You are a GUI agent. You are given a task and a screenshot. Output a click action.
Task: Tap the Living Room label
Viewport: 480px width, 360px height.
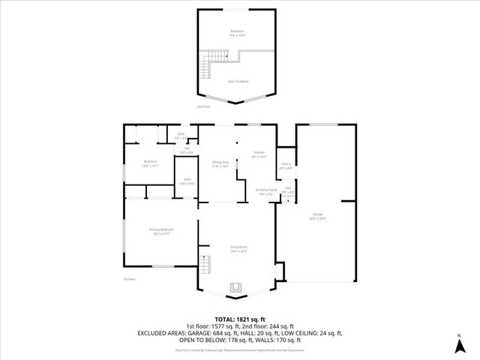[x=238, y=249]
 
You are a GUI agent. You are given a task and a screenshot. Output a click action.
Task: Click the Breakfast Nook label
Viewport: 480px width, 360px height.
[x=266, y=192]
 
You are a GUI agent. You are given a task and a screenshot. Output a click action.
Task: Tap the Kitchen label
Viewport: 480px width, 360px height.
[x=258, y=154]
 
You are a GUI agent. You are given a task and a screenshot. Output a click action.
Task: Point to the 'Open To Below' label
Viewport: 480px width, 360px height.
[x=238, y=81]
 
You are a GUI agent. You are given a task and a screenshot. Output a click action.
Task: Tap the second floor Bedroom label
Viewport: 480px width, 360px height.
[x=238, y=32]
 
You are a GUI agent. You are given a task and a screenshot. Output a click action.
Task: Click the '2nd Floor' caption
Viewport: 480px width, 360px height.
[x=202, y=107]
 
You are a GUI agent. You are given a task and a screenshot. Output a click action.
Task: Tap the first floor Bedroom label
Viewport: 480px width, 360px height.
[x=149, y=164]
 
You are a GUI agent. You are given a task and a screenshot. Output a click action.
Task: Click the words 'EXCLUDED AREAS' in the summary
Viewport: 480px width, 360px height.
[x=161, y=332]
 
